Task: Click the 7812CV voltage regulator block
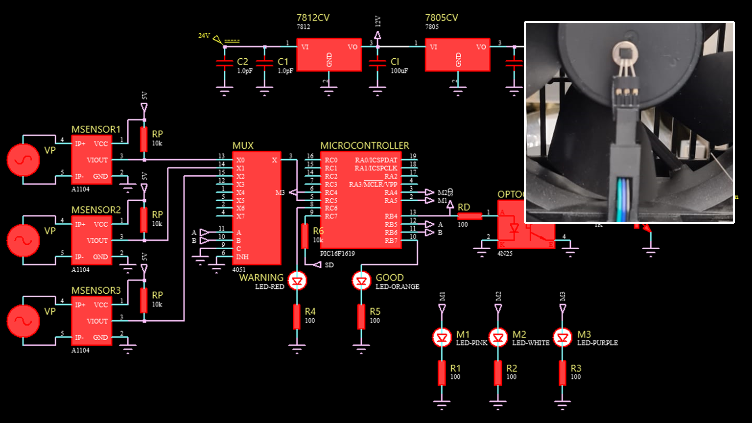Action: click(x=329, y=55)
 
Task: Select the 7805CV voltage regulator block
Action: click(x=457, y=55)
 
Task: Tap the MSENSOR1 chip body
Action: click(x=92, y=160)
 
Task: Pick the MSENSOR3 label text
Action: click(x=96, y=290)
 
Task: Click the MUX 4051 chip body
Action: click(x=257, y=208)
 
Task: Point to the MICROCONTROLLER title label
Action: click(x=364, y=145)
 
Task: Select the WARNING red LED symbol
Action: click(x=297, y=281)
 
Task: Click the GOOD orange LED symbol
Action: click(x=361, y=281)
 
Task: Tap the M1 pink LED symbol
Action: click(x=442, y=337)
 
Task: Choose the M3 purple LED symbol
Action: click(x=563, y=337)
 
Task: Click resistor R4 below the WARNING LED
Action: click(x=297, y=316)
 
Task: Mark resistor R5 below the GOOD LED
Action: click(x=361, y=316)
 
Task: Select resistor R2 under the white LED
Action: click(x=498, y=373)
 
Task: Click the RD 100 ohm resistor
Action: click(x=470, y=216)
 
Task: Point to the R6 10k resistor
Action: click(x=305, y=235)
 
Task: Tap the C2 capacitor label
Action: click(x=242, y=62)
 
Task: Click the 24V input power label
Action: click(x=204, y=36)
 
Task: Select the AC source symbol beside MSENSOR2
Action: click(x=23, y=240)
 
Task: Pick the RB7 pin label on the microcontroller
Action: click(x=391, y=240)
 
